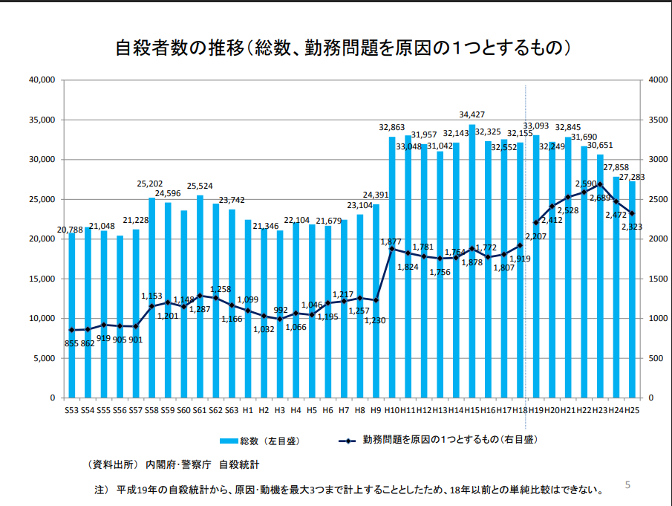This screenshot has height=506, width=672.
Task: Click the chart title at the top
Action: (x=342, y=49)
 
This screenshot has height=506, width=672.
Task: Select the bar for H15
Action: (x=472, y=260)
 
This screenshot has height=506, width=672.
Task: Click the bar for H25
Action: (x=632, y=290)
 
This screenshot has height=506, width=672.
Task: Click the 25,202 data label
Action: (x=151, y=183)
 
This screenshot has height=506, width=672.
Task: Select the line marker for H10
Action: (x=392, y=249)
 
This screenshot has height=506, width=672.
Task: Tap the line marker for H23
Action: (x=600, y=184)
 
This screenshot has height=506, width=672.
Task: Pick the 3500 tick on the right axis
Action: (x=657, y=120)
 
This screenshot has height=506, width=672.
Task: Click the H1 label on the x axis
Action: (x=248, y=410)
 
